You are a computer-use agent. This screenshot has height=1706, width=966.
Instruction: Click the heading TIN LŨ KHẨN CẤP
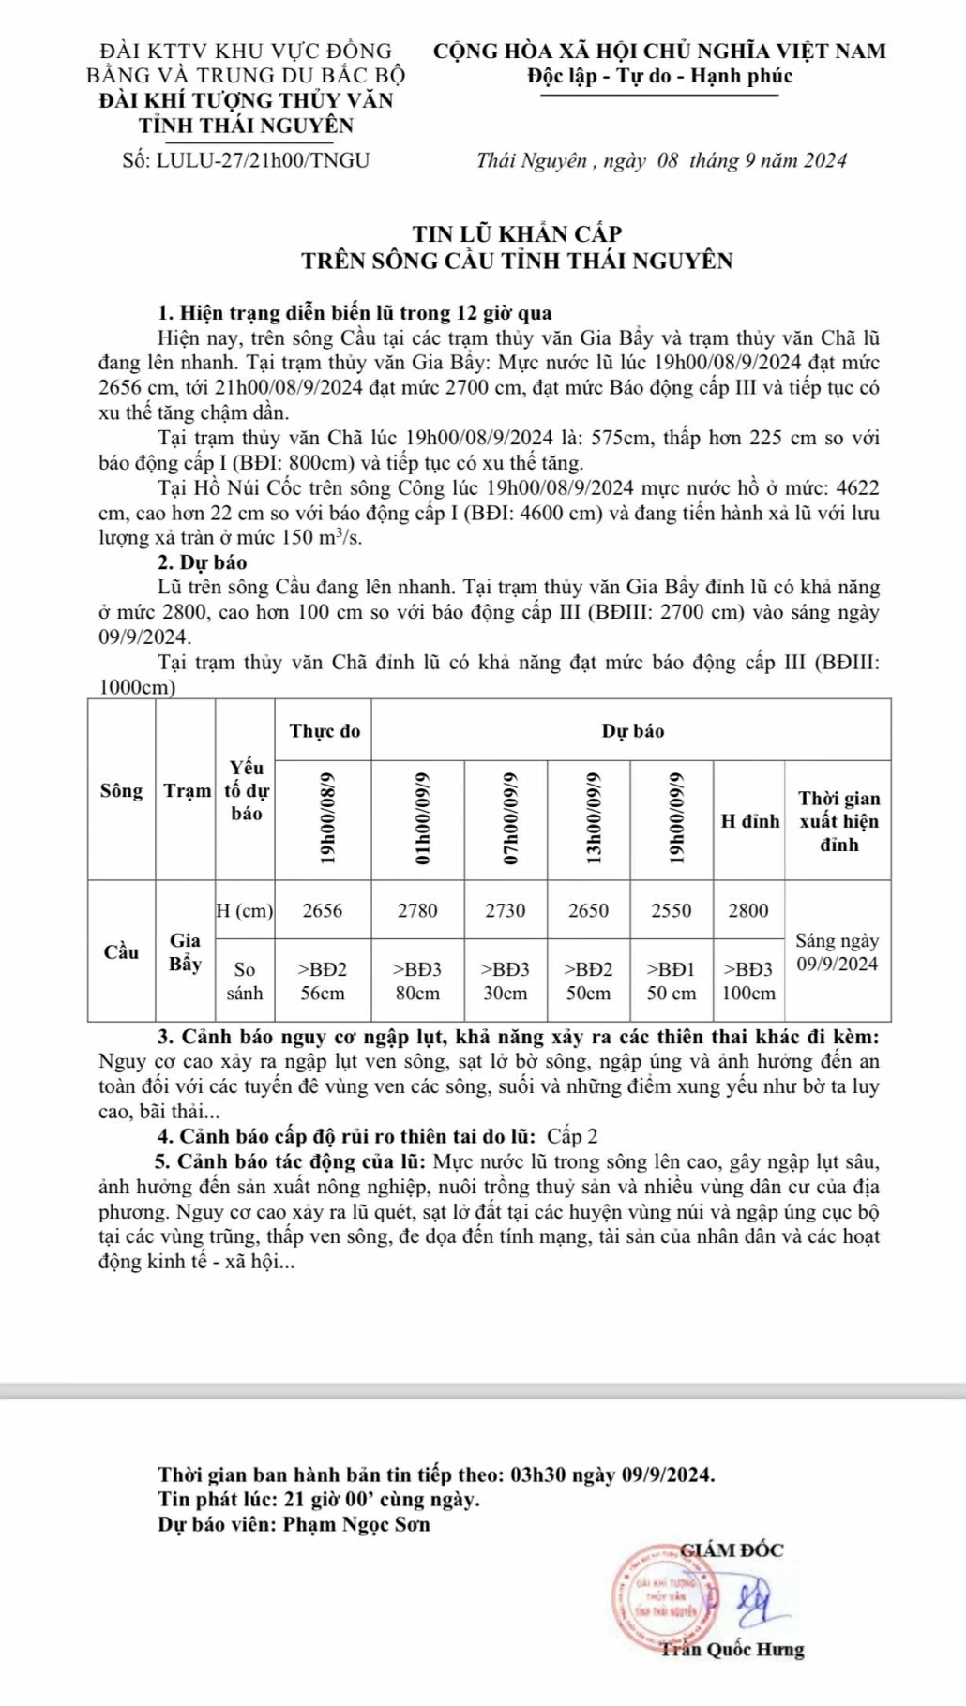517,233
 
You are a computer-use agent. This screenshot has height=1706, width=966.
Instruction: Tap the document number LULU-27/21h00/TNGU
264,160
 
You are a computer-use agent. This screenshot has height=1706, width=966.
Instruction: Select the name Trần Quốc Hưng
732,1650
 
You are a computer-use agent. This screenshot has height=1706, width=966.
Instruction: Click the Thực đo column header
324,731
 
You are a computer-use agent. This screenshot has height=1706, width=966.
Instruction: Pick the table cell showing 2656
323,910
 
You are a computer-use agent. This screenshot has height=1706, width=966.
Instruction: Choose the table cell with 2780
417,910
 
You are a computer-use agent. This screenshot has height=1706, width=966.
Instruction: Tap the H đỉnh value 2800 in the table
747,910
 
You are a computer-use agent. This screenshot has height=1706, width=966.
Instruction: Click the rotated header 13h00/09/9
589,819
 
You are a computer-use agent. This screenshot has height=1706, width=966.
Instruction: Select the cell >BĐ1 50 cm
672,980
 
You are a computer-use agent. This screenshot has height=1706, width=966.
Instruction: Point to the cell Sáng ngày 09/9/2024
837,951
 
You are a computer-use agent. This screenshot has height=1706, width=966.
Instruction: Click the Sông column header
122,790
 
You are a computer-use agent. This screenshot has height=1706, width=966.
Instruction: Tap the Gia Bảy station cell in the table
185,951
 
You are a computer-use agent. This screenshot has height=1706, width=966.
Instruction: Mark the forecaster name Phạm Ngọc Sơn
356,1524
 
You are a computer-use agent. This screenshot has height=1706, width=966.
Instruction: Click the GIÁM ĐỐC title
732,1549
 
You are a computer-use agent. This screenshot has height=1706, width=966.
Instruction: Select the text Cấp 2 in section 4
572,1137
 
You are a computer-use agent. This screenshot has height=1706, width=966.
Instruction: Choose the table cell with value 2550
672,910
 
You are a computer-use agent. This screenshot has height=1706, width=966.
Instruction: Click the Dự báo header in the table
632,731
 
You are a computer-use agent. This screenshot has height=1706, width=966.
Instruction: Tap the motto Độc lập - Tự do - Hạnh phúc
659,76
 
